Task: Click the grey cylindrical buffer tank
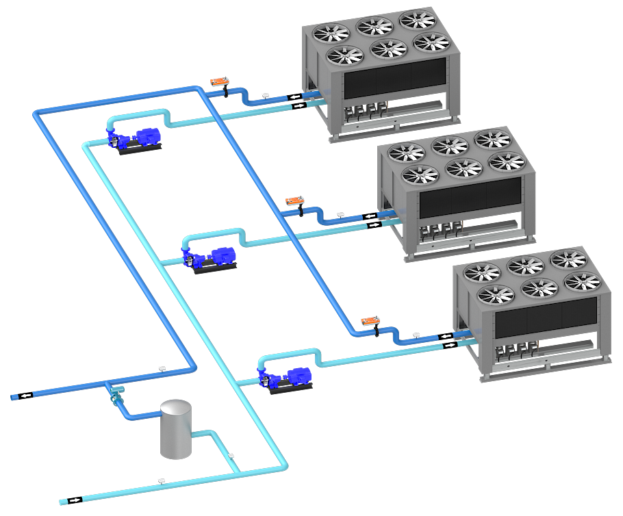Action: coord(176,430)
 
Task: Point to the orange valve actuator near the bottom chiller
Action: coord(371,320)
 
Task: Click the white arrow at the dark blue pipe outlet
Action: coord(26,396)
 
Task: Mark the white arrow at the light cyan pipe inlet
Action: coord(74,500)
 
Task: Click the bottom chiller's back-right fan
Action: coord(568,259)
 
